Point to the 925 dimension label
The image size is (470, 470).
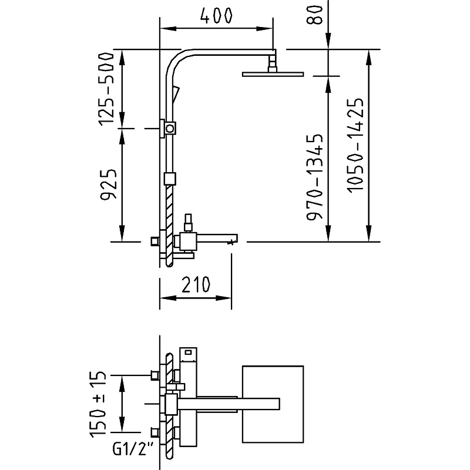pos(107,185)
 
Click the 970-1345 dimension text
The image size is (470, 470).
pos(315,177)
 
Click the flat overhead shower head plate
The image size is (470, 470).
pos(273,73)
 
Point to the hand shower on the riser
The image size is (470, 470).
pos(176,92)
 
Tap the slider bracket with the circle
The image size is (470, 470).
pos(170,127)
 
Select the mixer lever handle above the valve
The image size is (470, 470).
pos(189,222)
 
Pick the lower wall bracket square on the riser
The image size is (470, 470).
pos(170,178)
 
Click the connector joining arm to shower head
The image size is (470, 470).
pos(273,62)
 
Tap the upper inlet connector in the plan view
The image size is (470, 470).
pos(155,375)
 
